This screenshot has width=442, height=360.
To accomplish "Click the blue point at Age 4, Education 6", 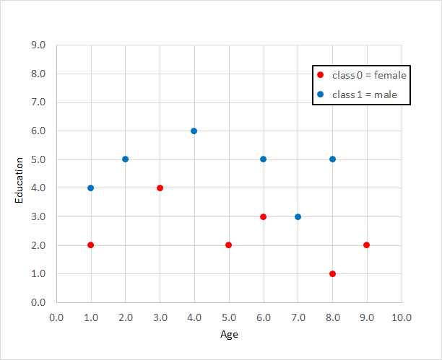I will (x=194, y=131).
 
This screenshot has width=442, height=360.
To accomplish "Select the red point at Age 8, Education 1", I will (x=332, y=273).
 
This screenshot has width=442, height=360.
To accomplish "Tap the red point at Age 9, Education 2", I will (x=367, y=245).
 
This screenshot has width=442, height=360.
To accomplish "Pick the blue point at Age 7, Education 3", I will (x=298, y=216).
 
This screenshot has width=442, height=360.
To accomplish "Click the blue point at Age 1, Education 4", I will (x=90, y=188).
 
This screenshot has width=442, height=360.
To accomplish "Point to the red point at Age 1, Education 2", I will (x=90, y=245).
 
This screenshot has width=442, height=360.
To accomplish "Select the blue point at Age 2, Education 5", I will (x=125, y=159).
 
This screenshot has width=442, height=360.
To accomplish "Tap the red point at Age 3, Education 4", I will (x=160, y=188).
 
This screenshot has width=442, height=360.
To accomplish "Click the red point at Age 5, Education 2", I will (x=228, y=245).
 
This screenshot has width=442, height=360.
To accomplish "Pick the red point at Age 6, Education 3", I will (x=263, y=216).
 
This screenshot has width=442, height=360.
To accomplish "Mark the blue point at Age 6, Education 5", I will (x=263, y=159).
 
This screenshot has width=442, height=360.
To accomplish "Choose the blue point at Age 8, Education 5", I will (x=332, y=159).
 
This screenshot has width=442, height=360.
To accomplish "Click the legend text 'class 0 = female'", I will (x=369, y=75).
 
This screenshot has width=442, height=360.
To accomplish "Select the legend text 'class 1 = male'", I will (x=365, y=95).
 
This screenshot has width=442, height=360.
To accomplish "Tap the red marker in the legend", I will (x=320, y=75).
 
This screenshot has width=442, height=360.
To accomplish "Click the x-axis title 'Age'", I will (x=229, y=334).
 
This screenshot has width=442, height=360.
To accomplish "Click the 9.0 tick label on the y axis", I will (x=38, y=45).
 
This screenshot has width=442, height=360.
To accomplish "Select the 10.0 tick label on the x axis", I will (x=401, y=317).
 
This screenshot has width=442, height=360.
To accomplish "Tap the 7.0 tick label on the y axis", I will (x=38, y=102).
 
